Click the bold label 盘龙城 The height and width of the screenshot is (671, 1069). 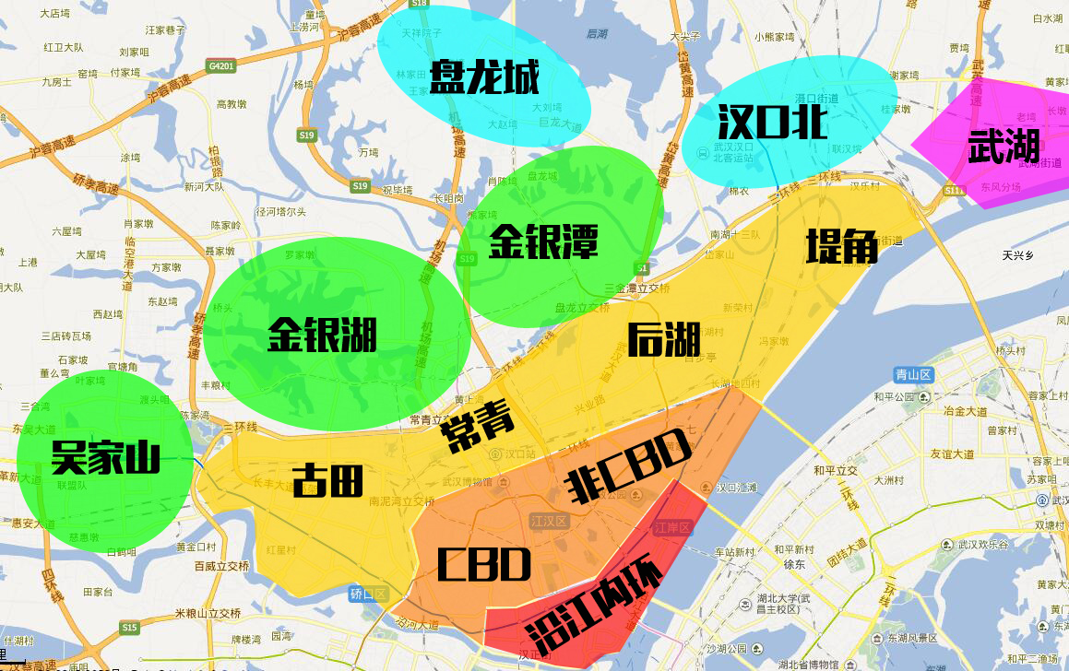(484, 77)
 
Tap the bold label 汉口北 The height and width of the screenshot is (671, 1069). (772, 121)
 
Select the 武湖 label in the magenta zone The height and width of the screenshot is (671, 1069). (1004, 147)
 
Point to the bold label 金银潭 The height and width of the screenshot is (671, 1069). (543, 241)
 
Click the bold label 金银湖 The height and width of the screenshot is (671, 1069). (322, 334)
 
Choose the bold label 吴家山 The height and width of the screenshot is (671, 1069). (105, 457)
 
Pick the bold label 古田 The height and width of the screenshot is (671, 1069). (327, 480)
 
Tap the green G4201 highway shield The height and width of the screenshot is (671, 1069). (221, 66)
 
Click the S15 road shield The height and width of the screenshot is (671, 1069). (129, 628)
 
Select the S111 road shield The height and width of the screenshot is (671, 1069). (954, 190)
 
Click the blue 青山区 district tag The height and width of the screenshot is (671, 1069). (914, 374)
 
